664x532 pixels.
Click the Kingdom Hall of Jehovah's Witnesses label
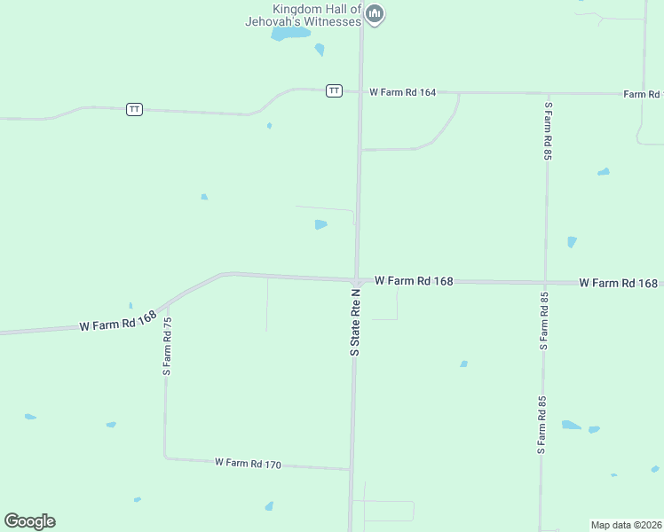pos(317,15)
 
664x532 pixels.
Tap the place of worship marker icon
pos(375,14)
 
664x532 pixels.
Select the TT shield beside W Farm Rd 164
pos(334,90)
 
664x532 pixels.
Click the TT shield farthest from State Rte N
pos(134,109)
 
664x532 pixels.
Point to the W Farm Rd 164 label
pos(402,92)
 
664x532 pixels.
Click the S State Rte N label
pos(355,322)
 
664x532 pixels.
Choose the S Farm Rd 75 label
pos(167,346)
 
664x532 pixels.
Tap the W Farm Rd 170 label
pos(248,464)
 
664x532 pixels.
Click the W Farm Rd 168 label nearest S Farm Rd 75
pos(118,320)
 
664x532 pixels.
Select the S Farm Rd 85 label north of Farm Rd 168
pos(548,130)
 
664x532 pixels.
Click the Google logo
pos(29,521)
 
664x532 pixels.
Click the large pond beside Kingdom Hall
pos(290,34)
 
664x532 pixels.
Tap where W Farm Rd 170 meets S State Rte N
pos(351,469)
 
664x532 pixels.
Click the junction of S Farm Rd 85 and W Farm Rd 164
pos(548,93)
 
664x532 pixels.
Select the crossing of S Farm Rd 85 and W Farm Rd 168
pos(545,282)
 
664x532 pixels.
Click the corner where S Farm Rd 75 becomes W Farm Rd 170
pos(165,457)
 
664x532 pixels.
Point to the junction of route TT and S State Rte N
pos(360,91)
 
